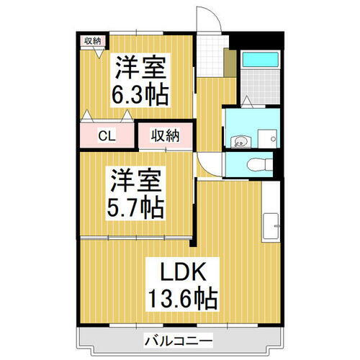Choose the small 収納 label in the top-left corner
point(91,40)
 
